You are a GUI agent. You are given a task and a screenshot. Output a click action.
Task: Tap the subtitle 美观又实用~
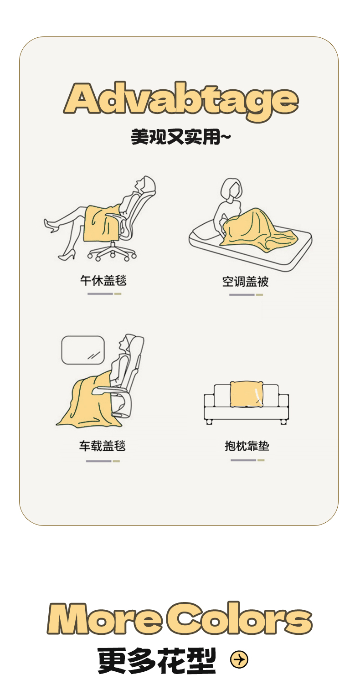tap(180, 137)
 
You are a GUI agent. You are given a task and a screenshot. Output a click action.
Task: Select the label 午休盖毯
tap(103, 280)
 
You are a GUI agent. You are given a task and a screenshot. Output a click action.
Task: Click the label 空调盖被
tap(245, 282)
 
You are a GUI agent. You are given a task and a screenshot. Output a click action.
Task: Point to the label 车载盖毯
tap(103, 446)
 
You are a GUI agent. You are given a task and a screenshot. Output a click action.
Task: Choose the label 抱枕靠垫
tap(247, 446)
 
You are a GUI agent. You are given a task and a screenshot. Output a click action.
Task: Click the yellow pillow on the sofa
tap(246, 394)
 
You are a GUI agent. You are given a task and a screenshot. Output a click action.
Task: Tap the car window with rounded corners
tap(83, 350)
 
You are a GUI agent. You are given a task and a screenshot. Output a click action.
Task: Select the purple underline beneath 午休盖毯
tap(100, 294)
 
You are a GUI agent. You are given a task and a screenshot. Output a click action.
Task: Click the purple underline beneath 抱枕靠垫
tap(243, 460)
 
